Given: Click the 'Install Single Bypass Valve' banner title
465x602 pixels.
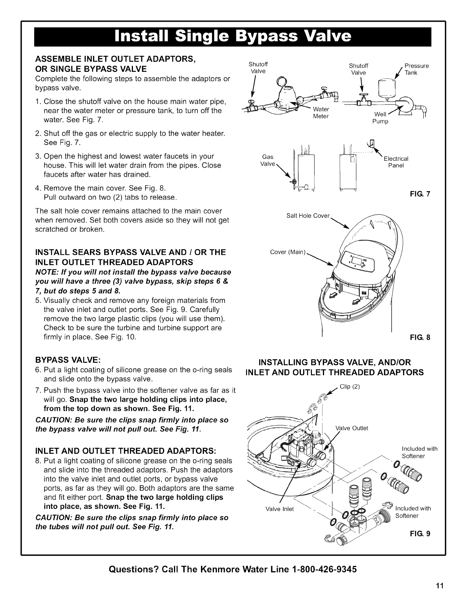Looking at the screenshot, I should pyautogui.click(x=232, y=36).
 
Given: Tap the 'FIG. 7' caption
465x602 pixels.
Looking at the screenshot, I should pyautogui.click(x=422, y=194).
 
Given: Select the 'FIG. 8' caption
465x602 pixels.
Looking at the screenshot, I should pyautogui.click(x=422, y=337).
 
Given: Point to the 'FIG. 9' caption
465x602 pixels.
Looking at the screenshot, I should pyautogui.click(x=422, y=534).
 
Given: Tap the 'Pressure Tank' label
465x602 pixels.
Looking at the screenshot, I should pyautogui.click(x=416, y=69).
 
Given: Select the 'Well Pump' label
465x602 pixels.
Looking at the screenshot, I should pyautogui.click(x=380, y=118).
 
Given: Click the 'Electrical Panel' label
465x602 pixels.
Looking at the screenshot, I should pyautogui.click(x=396, y=162).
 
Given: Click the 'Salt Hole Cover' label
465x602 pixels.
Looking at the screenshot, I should pyautogui.click(x=308, y=216).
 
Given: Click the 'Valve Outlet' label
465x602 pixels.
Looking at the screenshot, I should pyautogui.click(x=352, y=428).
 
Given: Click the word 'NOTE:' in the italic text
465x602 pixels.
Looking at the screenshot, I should pyautogui.click(x=46, y=272).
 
